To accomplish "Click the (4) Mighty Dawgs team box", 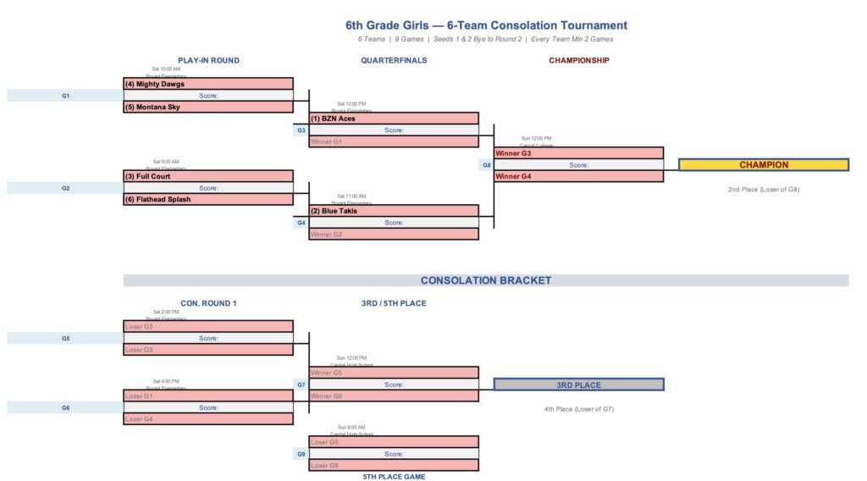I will click(x=208, y=84).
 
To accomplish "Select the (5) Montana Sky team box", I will click(x=208, y=108).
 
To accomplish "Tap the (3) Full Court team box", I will click(x=208, y=176).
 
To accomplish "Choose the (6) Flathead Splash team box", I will click(x=208, y=200).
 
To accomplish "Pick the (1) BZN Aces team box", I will click(x=394, y=119).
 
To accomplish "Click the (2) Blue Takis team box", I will click(x=394, y=211).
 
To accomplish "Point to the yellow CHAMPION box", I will click(x=764, y=165).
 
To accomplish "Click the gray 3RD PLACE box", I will click(x=578, y=384).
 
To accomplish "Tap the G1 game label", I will click(x=65, y=96).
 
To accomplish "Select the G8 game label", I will click(x=487, y=165).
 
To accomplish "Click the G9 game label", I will click(x=301, y=454).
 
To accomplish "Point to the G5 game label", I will click(x=65, y=338).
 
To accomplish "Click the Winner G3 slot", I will click(x=578, y=153).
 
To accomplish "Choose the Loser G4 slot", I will click(x=208, y=418).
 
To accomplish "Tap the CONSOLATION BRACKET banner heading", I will click(x=486, y=280).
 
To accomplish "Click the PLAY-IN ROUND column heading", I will click(x=208, y=60).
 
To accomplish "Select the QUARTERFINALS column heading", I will click(x=394, y=60).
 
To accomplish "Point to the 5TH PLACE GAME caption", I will click(x=394, y=477).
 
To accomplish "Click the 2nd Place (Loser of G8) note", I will click(x=764, y=190).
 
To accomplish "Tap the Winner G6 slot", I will click(x=394, y=396).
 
